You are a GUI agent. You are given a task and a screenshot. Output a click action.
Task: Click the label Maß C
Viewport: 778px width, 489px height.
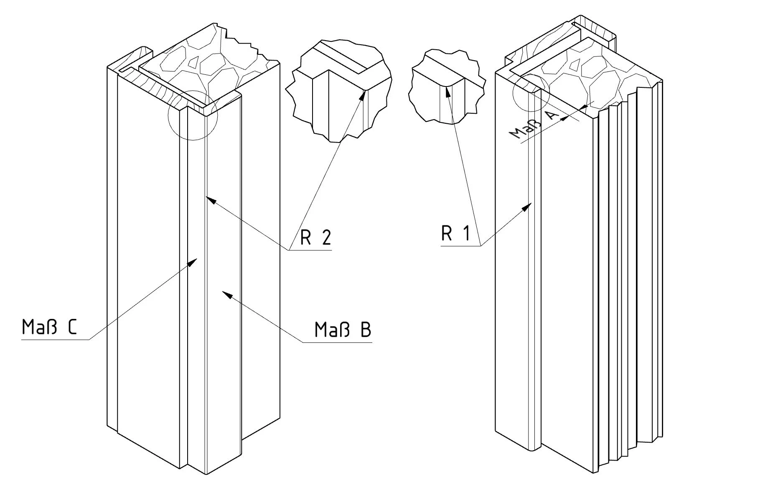49,328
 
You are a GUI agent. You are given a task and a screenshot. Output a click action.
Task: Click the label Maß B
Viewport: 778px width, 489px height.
343,330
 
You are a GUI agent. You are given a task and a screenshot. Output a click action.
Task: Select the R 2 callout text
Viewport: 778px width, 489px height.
316,237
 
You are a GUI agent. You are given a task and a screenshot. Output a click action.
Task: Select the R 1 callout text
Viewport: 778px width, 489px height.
455,233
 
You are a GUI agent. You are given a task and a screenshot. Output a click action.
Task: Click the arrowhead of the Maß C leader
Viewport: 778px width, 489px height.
193,262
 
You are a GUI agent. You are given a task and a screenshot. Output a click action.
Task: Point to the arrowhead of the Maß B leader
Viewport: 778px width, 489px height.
226,294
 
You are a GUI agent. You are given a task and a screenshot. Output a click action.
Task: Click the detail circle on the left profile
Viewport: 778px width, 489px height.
193,115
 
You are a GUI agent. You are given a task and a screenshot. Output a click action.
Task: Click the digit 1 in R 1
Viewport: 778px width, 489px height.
467,233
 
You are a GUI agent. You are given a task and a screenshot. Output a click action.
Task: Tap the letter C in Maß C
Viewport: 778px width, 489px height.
72,328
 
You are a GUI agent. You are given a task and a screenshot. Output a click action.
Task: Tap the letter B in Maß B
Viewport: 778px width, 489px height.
366,330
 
